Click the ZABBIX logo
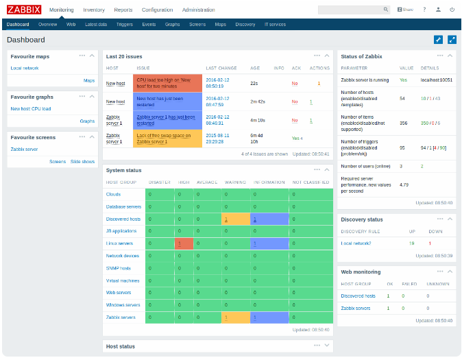tap(24, 10)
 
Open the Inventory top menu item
tap(94, 10)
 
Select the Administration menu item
tap(198, 10)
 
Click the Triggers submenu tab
tap(124, 24)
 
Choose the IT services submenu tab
tap(275, 24)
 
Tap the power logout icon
tap(452, 10)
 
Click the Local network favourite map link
tap(25, 68)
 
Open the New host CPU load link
tap(30, 108)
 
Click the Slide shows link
tap(82, 161)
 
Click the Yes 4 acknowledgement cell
tap(296, 138)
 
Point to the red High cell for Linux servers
tap(184, 243)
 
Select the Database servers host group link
tap(123, 206)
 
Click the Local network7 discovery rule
tap(356, 243)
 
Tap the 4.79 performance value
tap(404, 184)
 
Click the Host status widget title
tap(120, 346)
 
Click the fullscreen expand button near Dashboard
tap(452, 40)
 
